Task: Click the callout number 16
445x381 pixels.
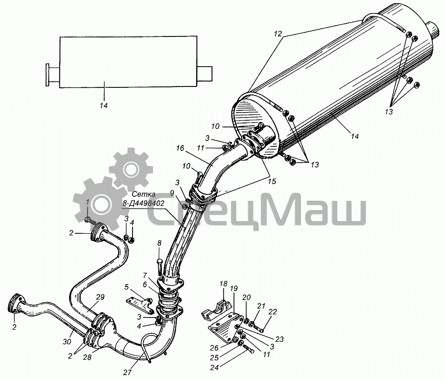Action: point(180,148)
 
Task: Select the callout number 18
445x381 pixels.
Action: point(223,284)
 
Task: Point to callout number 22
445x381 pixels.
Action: point(272,312)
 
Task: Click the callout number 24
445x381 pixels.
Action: point(215,368)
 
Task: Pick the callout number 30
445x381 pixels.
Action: point(67,342)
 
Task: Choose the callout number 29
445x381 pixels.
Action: point(100,297)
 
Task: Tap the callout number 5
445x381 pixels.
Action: point(127,287)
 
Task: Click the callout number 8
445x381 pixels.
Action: point(159,243)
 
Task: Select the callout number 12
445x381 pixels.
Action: point(278,34)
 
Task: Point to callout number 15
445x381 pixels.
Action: point(271,181)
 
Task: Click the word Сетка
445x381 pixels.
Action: point(144,195)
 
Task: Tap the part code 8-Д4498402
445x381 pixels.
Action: point(144,203)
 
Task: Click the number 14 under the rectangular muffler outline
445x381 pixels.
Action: point(104,105)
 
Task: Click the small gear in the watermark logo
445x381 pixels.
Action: point(131,169)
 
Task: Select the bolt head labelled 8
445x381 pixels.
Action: point(160,260)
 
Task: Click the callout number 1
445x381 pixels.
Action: point(88,202)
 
